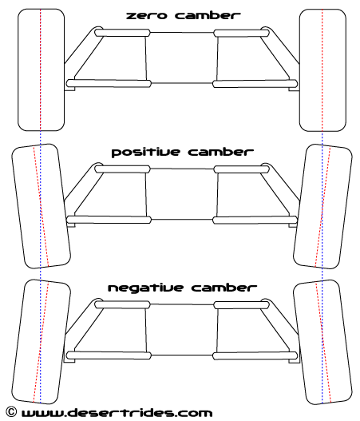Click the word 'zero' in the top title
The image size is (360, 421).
click(146, 15)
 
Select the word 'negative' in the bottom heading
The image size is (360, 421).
click(145, 288)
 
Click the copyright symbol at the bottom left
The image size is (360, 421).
click(10, 411)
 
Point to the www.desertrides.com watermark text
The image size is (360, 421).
click(117, 412)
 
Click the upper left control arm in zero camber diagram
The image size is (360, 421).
click(122, 33)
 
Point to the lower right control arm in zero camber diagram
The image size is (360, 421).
click(255, 84)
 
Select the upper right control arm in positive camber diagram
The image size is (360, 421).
click(241, 169)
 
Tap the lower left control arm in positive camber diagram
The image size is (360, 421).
click(109, 220)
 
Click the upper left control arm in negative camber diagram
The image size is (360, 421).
click(122, 304)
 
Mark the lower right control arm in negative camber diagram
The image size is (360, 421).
click(255, 355)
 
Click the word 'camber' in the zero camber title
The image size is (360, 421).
click(208, 15)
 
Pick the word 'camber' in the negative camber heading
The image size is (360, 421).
click(224, 288)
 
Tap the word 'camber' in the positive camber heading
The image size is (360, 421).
click(221, 152)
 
